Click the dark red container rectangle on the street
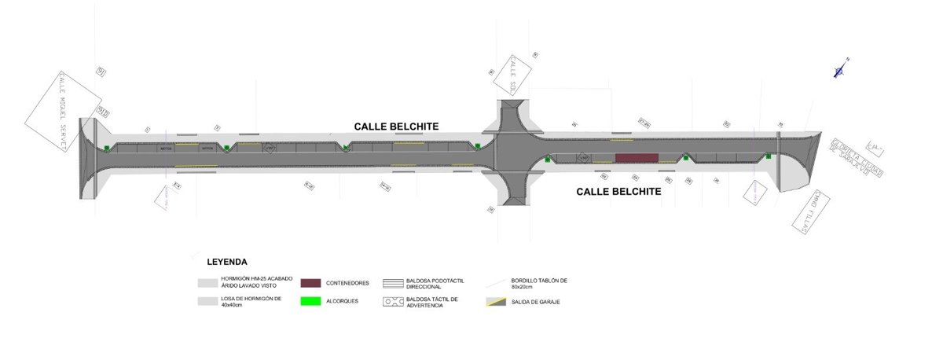coord(637,158)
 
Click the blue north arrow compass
coord(840,70)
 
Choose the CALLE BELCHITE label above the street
coord(396,126)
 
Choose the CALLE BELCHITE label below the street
coord(618,191)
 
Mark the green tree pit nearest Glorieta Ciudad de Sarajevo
coord(769,156)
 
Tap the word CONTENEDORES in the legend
coord(347,283)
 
